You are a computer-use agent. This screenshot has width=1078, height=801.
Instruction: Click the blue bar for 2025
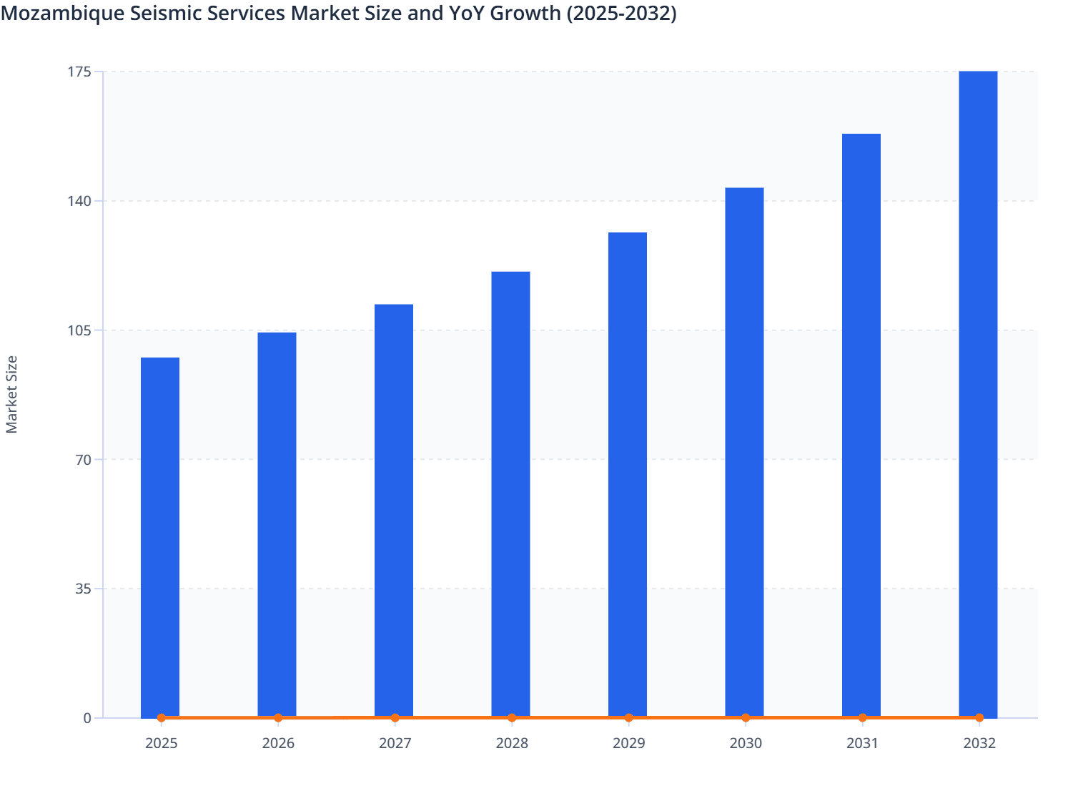coord(160,536)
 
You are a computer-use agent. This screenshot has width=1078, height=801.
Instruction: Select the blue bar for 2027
coord(394,511)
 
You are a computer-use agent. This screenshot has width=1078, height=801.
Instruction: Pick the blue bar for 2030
coord(744,452)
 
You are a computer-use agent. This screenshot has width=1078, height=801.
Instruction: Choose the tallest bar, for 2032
coord(978,393)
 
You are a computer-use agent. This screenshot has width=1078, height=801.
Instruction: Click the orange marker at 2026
coord(278,717)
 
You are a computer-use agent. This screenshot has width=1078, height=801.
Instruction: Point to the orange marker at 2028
coord(512,717)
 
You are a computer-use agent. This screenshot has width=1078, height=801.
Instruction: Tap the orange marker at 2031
coord(862,717)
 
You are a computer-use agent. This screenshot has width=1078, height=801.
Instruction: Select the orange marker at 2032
coord(979,717)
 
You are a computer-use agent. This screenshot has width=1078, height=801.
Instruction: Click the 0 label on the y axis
coord(88,718)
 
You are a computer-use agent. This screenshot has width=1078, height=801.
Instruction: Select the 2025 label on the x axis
coord(162,743)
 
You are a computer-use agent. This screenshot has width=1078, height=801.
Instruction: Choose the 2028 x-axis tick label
coord(512,743)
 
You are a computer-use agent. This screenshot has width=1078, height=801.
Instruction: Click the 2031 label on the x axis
coord(862,743)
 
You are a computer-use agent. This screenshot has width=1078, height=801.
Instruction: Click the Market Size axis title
coord(12,394)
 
